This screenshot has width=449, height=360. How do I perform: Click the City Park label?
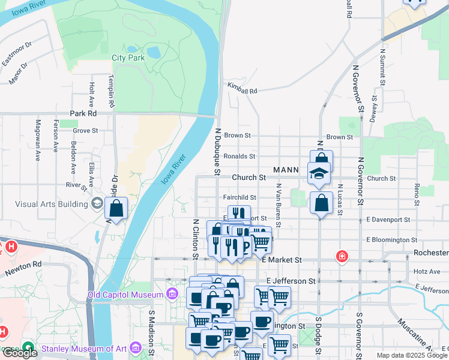coord(128,58)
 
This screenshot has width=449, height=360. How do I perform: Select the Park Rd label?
coord(83,113)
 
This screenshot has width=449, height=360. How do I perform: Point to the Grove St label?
coord(85,130)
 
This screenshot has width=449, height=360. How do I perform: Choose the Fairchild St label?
coord(240,197)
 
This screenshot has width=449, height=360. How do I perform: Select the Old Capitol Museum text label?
coord(125,295)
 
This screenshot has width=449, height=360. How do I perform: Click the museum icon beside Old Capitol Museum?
coord(172,294)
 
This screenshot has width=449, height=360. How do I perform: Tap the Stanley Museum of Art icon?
coord(135,347)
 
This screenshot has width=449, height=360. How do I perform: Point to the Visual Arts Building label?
coord(52,204)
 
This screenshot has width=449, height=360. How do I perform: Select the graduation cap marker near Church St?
coord(319,174)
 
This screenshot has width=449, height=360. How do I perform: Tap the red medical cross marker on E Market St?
coord(342,256)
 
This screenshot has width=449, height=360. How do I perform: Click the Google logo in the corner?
coord(20,353)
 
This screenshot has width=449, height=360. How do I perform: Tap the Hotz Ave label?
coord(427,271)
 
